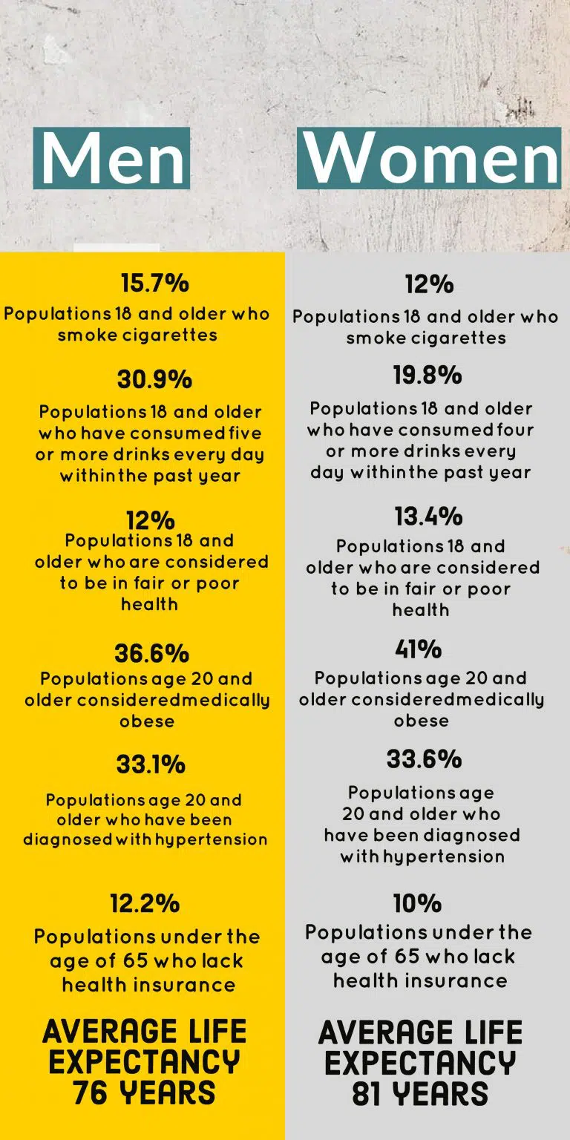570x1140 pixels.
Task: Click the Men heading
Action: click(x=112, y=158)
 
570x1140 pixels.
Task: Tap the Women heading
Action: click(x=430, y=158)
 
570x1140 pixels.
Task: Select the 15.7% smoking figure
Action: click(x=154, y=283)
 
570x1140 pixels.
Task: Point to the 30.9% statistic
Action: click(x=154, y=379)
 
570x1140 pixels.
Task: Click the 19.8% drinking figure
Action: click(x=427, y=376)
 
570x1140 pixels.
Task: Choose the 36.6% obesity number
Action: click(x=151, y=653)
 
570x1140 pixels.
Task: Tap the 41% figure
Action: click(x=419, y=649)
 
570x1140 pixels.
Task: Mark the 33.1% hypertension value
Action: click(x=151, y=764)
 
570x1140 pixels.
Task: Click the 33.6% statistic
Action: click(x=424, y=759)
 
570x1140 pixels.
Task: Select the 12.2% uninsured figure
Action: click(x=145, y=903)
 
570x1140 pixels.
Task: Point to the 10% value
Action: click(x=418, y=903)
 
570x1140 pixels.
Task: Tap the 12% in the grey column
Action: click(x=429, y=284)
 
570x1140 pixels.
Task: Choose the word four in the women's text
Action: click(x=514, y=430)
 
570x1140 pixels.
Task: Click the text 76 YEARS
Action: click(x=144, y=1092)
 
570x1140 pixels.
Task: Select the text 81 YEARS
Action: click(x=420, y=1094)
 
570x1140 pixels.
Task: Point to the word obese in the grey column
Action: click(x=421, y=721)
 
